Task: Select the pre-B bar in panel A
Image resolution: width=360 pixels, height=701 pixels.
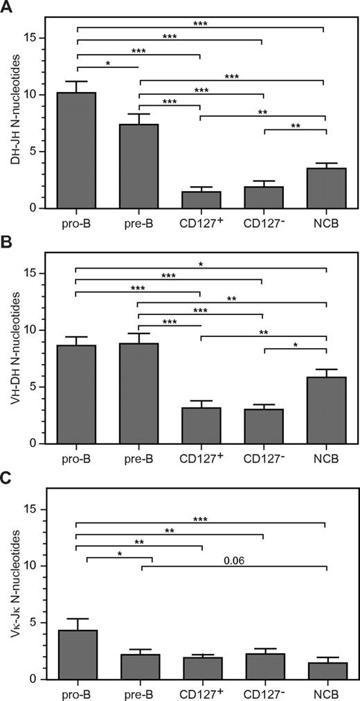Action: tap(138, 166)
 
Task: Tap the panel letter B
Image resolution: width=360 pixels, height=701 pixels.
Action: tap(7, 242)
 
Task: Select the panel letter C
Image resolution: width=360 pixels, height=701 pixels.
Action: tap(7, 477)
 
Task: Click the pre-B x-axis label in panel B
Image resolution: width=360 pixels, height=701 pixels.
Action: tap(139, 458)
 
